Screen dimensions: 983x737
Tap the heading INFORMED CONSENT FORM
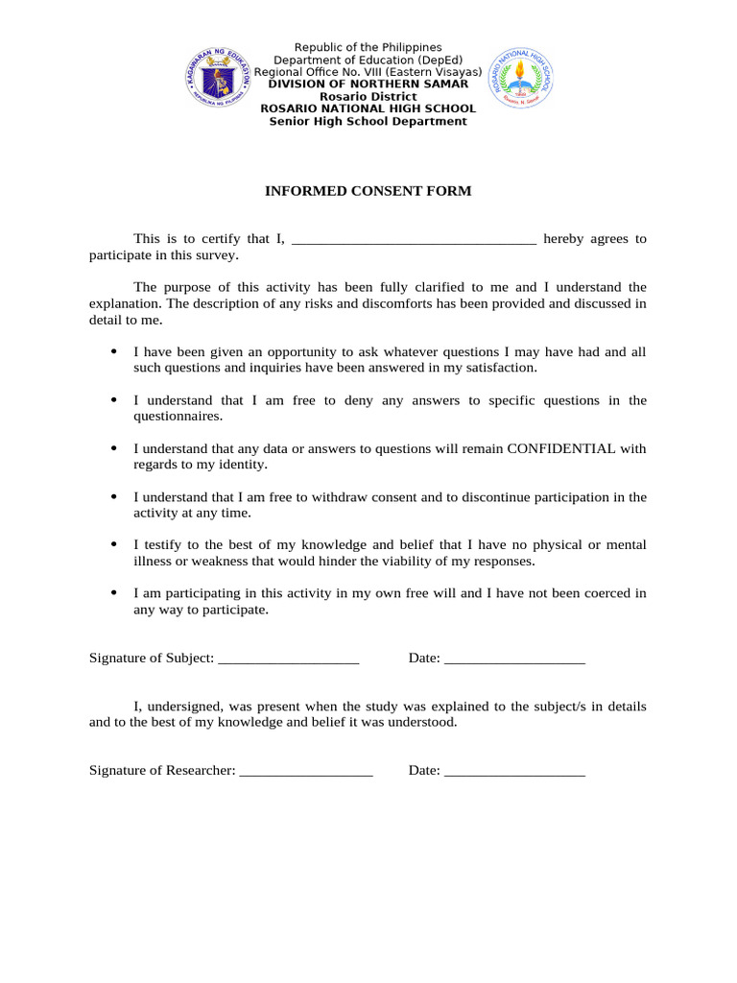(368, 191)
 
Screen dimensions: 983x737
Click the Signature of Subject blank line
(289, 659)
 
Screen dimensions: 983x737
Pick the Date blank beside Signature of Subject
(515, 659)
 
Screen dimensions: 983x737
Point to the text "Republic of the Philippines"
(368, 47)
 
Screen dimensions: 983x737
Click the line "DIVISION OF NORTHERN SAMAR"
(368, 84)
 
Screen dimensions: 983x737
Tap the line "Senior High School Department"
(368, 122)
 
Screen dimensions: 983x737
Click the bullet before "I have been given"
(114, 351)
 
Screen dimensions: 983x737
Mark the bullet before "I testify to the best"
(114, 544)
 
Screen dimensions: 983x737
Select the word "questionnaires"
(177, 416)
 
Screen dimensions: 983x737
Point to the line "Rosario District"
(368, 97)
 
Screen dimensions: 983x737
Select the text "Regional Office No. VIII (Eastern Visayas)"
(368, 72)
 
